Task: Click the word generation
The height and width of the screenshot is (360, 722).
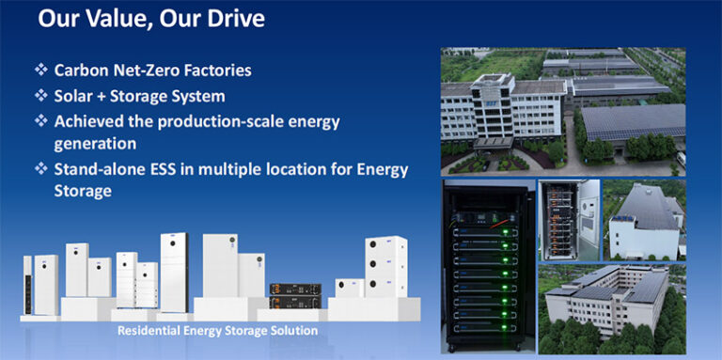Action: pos(96,144)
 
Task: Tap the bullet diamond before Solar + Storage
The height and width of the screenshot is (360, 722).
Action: pos(40,95)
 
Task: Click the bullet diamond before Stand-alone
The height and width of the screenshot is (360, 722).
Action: pos(40,168)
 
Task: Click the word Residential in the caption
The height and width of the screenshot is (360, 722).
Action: pos(157,331)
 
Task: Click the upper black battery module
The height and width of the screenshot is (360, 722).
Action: pos(294,290)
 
